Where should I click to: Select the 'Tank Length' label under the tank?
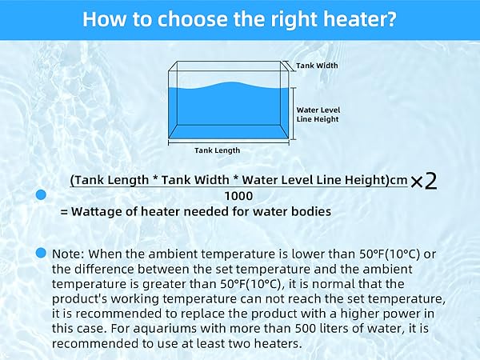pyautogui.click(x=217, y=150)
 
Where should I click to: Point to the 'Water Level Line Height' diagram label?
pyautogui.click(x=318, y=114)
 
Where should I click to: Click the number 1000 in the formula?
pyautogui.click(x=239, y=195)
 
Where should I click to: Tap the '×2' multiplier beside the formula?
pyautogui.click(x=423, y=182)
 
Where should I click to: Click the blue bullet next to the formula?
pyautogui.click(x=40, y=194)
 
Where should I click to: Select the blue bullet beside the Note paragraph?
pyautogui.click(x=41, y=254)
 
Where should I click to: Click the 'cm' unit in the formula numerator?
pyautogui.click(x=398, y=181)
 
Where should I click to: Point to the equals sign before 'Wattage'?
pyautogui.click(x=64, y=212)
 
